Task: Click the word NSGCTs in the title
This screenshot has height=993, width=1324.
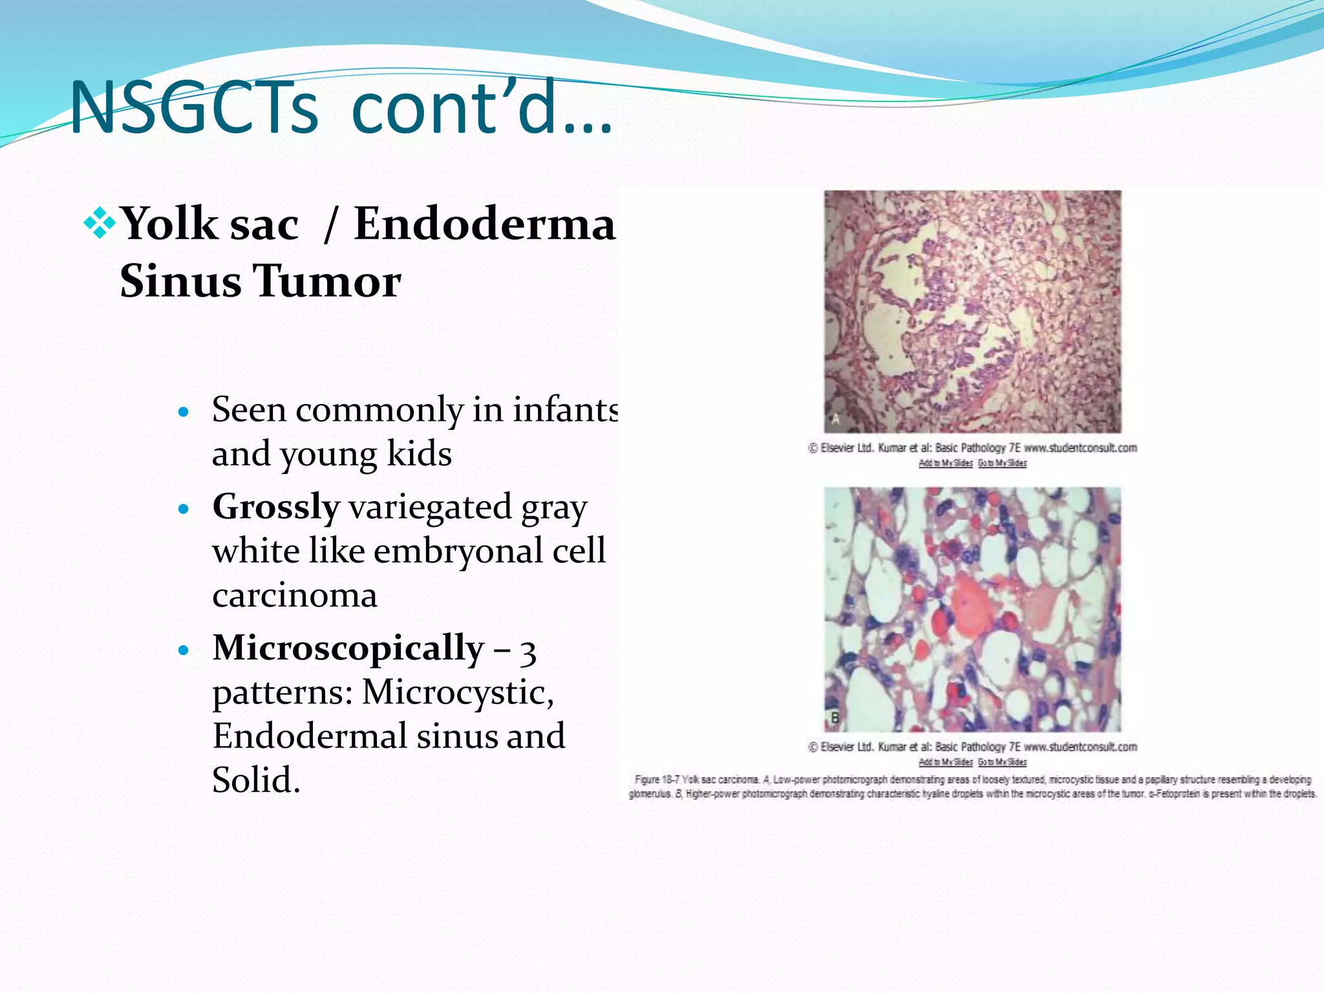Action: point(194,107)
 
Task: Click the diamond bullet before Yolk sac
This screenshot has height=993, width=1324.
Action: point(100,224)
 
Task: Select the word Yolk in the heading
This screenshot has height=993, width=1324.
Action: point(170,224)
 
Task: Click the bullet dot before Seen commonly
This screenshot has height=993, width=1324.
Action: point(184,412)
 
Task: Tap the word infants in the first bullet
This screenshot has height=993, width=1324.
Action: point(566,410)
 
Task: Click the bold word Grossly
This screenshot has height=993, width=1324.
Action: point(276,507)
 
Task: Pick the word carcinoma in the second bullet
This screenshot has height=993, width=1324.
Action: point(295,595)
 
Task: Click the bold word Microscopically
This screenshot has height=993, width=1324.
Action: point(348,648)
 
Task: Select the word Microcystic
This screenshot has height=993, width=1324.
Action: point(457,692)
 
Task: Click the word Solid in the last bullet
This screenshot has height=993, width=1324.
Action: point(255,780)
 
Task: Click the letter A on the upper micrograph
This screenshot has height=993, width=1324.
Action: point(835,419)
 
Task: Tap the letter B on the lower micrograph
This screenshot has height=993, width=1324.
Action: point(835,718)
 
